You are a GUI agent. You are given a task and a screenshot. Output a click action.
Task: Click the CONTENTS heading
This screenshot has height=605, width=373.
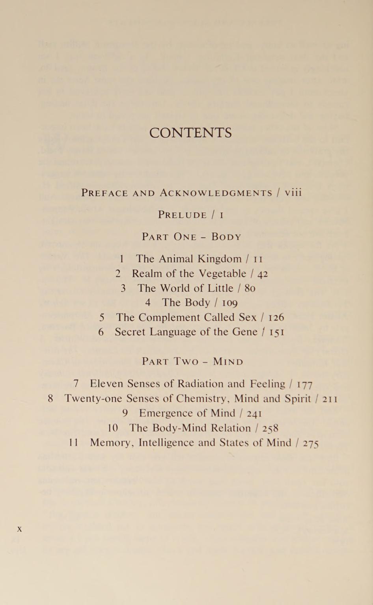pos(190,133)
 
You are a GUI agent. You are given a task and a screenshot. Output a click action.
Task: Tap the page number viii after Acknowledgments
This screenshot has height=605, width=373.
pos(293,193)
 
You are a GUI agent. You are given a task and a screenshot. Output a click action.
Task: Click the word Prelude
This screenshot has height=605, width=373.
pos(182,215)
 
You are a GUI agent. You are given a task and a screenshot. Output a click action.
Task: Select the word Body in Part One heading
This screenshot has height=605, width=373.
pos(226,237)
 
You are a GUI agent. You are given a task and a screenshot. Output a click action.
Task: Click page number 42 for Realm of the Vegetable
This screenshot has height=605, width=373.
pos(262,274)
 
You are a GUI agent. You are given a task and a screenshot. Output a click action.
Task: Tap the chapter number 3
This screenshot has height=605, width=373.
pos(123,288)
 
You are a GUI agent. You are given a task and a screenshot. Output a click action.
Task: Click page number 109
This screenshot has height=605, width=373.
pos(229,303)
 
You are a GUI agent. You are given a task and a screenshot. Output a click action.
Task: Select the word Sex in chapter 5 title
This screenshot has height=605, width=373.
pos(248,317)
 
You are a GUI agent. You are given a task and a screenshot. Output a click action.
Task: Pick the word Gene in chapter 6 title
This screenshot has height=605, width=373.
pos(244,332)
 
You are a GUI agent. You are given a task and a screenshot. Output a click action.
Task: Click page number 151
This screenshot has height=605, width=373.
pos(277,332)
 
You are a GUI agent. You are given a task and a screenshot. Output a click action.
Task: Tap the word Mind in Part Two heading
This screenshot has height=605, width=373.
pos(228,362)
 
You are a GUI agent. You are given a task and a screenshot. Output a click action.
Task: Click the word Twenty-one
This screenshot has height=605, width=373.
pos(93,399)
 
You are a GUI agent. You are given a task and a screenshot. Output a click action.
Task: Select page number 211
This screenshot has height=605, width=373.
pos(330,399)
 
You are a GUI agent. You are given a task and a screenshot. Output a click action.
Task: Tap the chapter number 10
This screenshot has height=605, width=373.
pos(113,428)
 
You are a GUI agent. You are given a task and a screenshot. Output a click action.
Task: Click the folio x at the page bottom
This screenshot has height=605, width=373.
pos(19,529)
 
